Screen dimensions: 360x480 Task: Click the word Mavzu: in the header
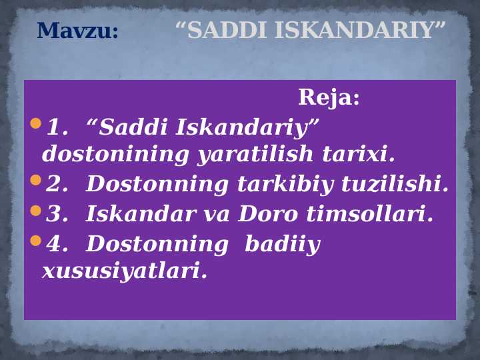[77, 31]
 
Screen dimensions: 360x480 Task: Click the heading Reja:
[329, 98]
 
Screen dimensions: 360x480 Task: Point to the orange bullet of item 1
[35, 123]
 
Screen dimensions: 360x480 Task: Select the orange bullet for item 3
[35, 211]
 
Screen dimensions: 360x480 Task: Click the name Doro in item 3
[264, 214]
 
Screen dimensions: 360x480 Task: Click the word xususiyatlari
[125, 271]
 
